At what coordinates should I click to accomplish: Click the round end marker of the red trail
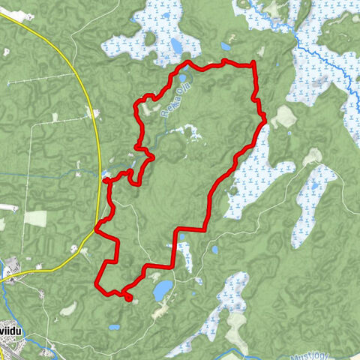128,298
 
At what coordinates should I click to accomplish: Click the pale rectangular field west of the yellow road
34,218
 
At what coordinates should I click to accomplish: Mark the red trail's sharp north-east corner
255,63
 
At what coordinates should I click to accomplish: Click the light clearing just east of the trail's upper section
283,115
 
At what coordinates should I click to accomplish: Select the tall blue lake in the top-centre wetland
176,46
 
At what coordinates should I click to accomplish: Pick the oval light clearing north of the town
67,308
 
